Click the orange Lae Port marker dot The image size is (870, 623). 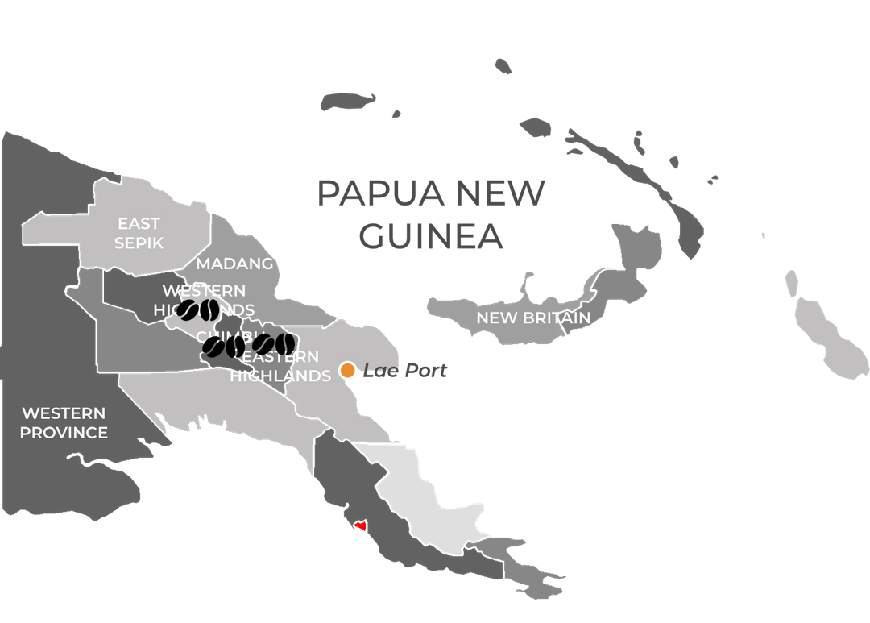pos(347,370)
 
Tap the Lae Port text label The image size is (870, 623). pos(404,371)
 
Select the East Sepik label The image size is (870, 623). pos(139,233)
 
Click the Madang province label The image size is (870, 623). pos(234,264)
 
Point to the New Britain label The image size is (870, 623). pos(533,318)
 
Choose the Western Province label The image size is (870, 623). pos(64,423)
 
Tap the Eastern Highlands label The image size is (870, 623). pos(280,366)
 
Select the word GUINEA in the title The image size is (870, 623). pos(431,237)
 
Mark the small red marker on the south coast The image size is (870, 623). pos(360,526)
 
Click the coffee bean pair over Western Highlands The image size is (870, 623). pos(198,310)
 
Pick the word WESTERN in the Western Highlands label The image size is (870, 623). pos(204,290)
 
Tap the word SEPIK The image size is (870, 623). pos(139,243)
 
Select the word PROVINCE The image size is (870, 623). pos(64,433)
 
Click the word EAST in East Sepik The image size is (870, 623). pos(139,223)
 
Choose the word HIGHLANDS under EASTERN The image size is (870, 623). pos(280,376)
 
